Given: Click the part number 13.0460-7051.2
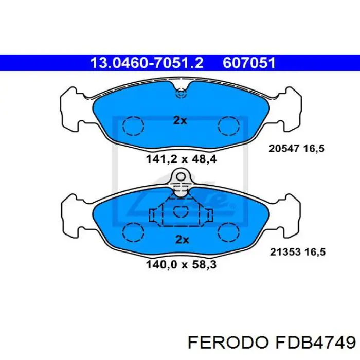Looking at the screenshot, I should [147, 63].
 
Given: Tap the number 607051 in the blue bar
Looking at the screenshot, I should [249, 63].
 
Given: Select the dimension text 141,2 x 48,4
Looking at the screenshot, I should [181, 159].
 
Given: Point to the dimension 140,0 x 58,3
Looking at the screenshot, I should [181, 265].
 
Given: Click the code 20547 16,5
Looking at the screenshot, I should [297, 149].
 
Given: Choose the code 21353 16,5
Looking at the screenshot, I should [297, 252].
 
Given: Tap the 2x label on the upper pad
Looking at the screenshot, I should [179, 120].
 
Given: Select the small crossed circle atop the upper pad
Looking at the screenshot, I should [181, 94].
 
